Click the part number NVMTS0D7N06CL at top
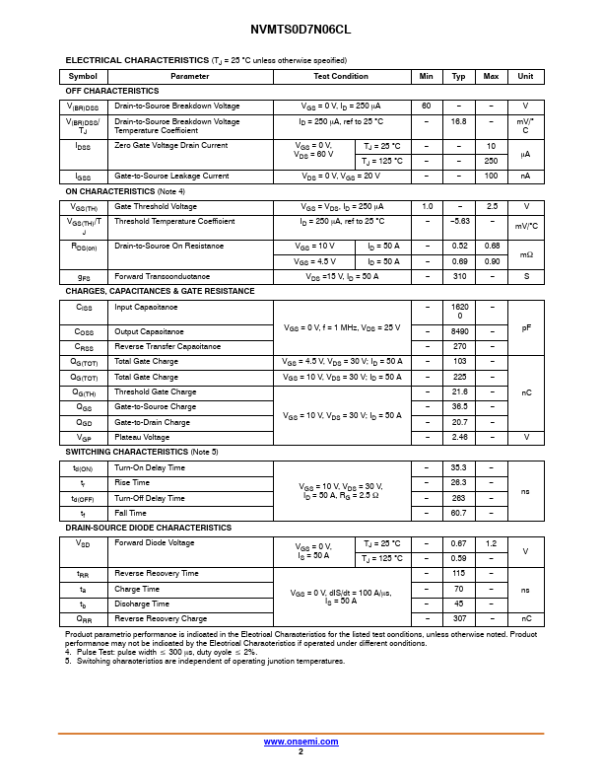pos(301,30)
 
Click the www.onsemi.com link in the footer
pos(301,741)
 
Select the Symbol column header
pos(83,76)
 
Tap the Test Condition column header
pos(341,76)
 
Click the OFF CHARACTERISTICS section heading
pos(112,91)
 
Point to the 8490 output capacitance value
pos(459,332)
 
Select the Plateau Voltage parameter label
pos(142,437)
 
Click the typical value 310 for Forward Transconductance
pos(459,276)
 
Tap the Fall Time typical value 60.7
pos(459,513)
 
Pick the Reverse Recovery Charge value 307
pos(459,619)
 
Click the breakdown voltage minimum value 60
pos(427,106)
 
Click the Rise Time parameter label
pos(132,483)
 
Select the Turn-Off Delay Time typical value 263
pos(459,498)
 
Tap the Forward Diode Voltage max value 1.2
pos(491,543)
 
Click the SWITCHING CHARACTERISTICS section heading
pos(141,452)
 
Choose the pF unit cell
pos(526,326)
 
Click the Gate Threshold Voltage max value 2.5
pos(491,207)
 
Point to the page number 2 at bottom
pos(301,751)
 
